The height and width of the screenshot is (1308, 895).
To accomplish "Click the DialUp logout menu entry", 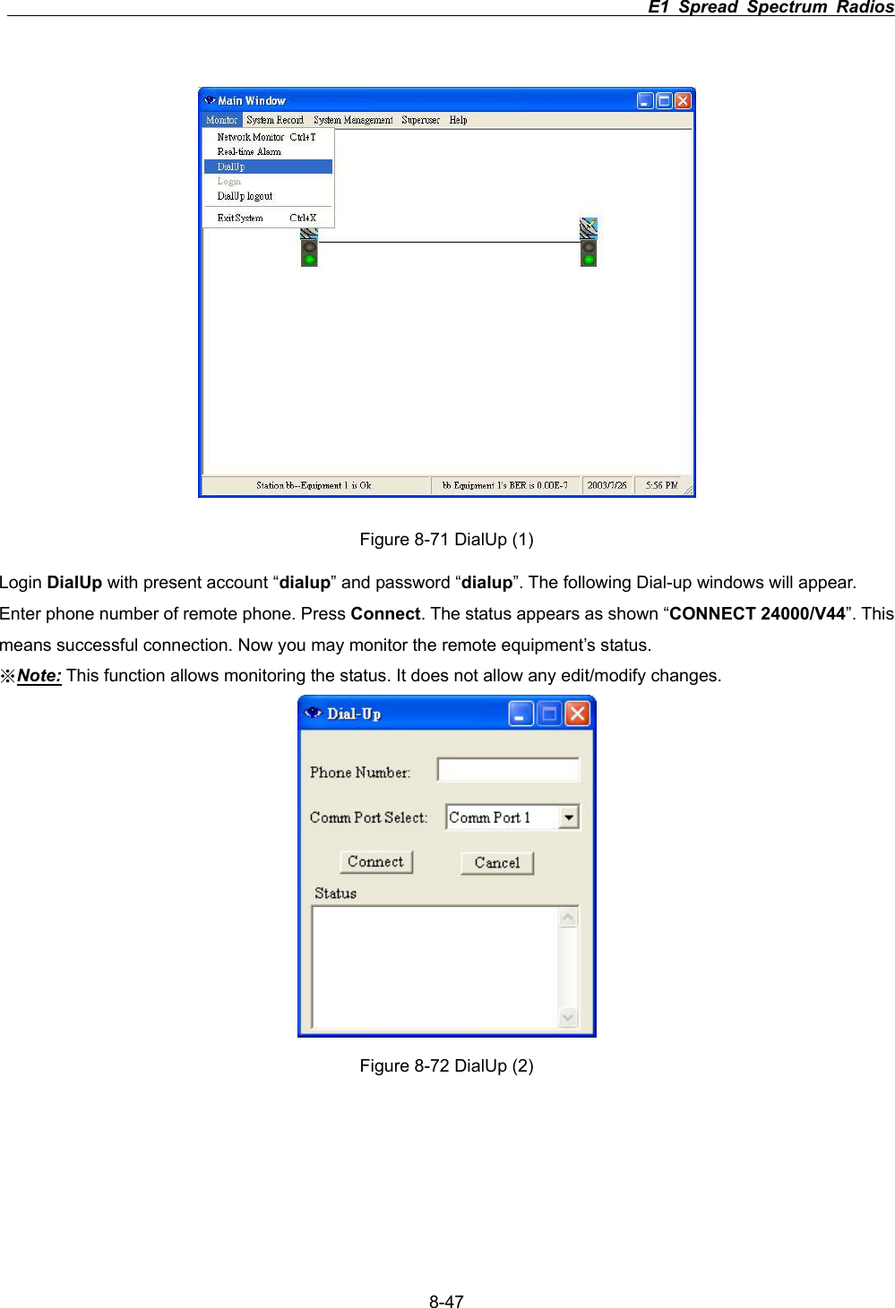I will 245,196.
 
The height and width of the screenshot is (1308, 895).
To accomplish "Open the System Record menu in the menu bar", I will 274,120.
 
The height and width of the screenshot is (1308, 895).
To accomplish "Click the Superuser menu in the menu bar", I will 420,120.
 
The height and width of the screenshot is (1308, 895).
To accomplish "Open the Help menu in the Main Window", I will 458,120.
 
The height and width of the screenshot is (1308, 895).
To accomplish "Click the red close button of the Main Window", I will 683,101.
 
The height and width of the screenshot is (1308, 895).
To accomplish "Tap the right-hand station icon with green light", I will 589,243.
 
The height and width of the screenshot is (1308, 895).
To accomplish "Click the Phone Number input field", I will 508,770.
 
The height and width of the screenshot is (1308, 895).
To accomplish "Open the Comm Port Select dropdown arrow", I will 569,817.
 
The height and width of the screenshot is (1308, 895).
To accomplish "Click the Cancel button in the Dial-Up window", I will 497,863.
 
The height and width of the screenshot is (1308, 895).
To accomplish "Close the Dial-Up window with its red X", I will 577,714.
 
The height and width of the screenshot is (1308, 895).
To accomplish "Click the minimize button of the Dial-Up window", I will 521,714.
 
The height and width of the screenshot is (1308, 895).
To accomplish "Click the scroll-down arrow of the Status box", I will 568,1018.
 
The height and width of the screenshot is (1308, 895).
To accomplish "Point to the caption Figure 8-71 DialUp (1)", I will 446,539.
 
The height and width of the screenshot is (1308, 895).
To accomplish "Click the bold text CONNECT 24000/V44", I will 757,614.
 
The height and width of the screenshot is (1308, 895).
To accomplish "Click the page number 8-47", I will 446,1302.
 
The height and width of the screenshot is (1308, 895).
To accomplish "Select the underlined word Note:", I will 39,676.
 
